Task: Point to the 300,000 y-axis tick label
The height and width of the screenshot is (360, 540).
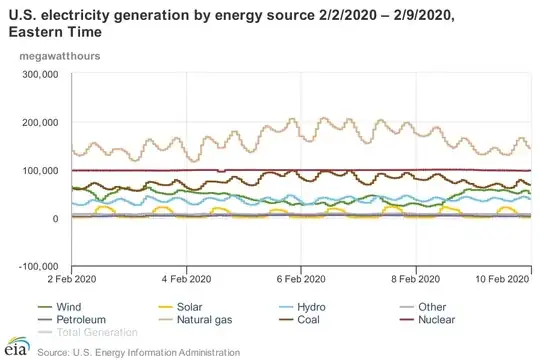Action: coord(41,74)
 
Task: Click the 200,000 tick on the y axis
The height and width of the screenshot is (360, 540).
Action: coord(41,122)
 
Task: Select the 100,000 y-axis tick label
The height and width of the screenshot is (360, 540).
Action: coord(41,170)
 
